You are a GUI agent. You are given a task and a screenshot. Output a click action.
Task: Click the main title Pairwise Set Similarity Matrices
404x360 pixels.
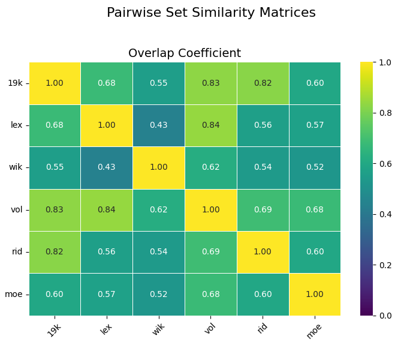[210, 13]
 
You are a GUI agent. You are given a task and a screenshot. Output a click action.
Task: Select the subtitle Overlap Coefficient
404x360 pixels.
[185, 53]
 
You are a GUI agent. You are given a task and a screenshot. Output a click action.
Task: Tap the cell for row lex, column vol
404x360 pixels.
[210, 125]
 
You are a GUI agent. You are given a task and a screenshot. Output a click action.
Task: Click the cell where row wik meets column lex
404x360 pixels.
[107, 167]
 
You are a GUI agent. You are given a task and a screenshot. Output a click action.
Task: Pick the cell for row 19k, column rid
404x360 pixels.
[263, 83]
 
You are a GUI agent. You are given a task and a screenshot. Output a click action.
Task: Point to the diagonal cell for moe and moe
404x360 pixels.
[314, 294]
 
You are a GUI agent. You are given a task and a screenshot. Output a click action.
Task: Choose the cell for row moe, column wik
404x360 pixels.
[159, 294]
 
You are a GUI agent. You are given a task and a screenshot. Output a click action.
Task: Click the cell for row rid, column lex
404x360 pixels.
[107, 252]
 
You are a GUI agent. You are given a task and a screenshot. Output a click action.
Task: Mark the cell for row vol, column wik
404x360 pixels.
[159, 210]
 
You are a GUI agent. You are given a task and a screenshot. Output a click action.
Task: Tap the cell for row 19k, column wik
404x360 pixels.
[159, 83]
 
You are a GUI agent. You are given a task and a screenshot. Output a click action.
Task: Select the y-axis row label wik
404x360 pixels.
[16, 167]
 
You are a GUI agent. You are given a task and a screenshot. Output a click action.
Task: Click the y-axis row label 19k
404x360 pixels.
[16, 83]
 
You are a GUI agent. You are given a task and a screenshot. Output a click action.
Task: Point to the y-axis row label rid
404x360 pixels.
[17, 252]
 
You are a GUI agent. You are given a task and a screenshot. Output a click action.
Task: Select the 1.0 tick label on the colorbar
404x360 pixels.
[386, 62]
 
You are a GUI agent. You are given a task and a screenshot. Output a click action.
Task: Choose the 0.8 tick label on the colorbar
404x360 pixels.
[386, 113]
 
